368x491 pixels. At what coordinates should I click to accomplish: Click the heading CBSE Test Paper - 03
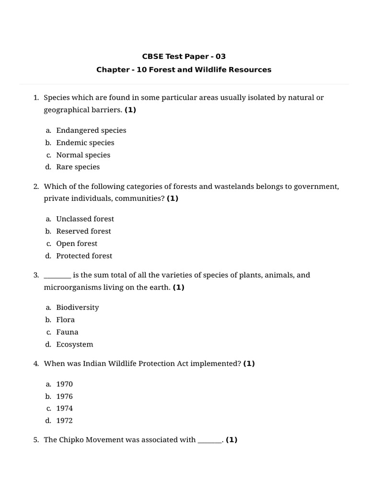pos(184,57)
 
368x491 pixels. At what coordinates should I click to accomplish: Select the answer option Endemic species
pos(85,142)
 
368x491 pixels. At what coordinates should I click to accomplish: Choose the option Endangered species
pos(91,130)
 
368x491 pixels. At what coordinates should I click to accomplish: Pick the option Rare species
pos(78,167)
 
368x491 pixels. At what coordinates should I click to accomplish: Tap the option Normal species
pos(83,155)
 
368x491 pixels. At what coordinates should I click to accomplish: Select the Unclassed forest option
pos(85,219)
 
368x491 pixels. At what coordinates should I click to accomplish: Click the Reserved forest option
pos(83,231)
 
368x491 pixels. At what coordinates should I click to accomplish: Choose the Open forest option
pos(77,244)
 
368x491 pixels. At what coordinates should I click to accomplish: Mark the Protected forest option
pos(84,256)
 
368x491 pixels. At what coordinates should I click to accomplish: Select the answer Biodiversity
pos(78,307)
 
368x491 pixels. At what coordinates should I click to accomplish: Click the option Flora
pos(66,320)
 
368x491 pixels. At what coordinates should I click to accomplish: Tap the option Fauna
pos(67,332)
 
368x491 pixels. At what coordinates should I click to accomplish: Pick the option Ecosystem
pos(75,344)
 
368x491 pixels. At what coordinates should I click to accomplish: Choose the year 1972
pos(65,421)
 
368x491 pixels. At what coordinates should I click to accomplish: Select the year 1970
pos(65,384)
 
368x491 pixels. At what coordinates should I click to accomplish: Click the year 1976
pos(65,397)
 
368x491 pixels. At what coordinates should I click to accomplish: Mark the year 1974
pos(65,409)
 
